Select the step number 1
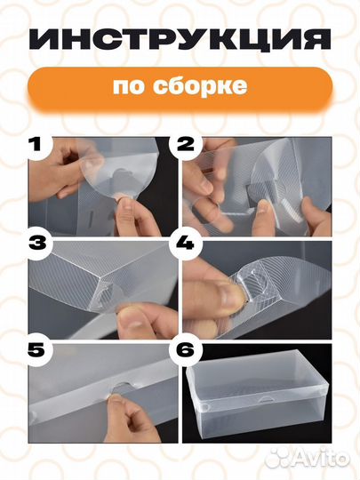(36, 143)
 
